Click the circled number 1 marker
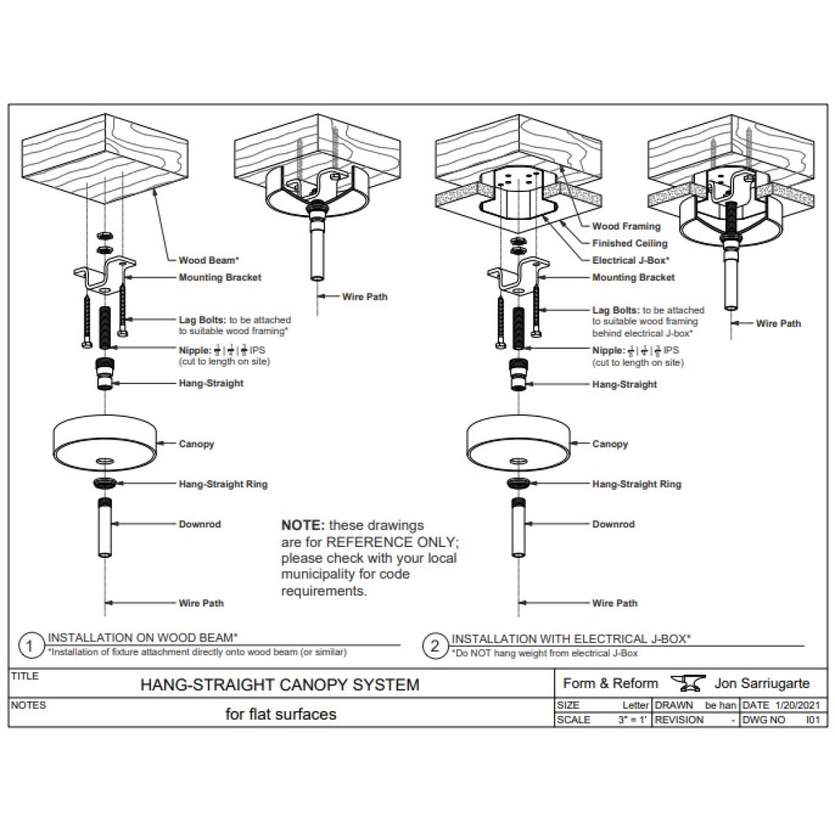coord(29,646)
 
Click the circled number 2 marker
coord(435,646)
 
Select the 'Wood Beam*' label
coord(209,260)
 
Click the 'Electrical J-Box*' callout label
coord(630,260)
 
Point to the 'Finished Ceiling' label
coord(629,244)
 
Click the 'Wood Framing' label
coord(626,226)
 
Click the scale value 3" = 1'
coord(633,720)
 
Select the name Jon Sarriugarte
coord(762,683)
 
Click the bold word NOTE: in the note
coord(303,525)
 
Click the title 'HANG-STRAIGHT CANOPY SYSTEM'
coord(280,685)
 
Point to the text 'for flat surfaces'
coord(280,714)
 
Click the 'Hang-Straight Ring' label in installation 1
coord(223,484)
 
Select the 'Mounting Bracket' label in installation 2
coord(633,278)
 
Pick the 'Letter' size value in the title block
coord(635,706)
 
